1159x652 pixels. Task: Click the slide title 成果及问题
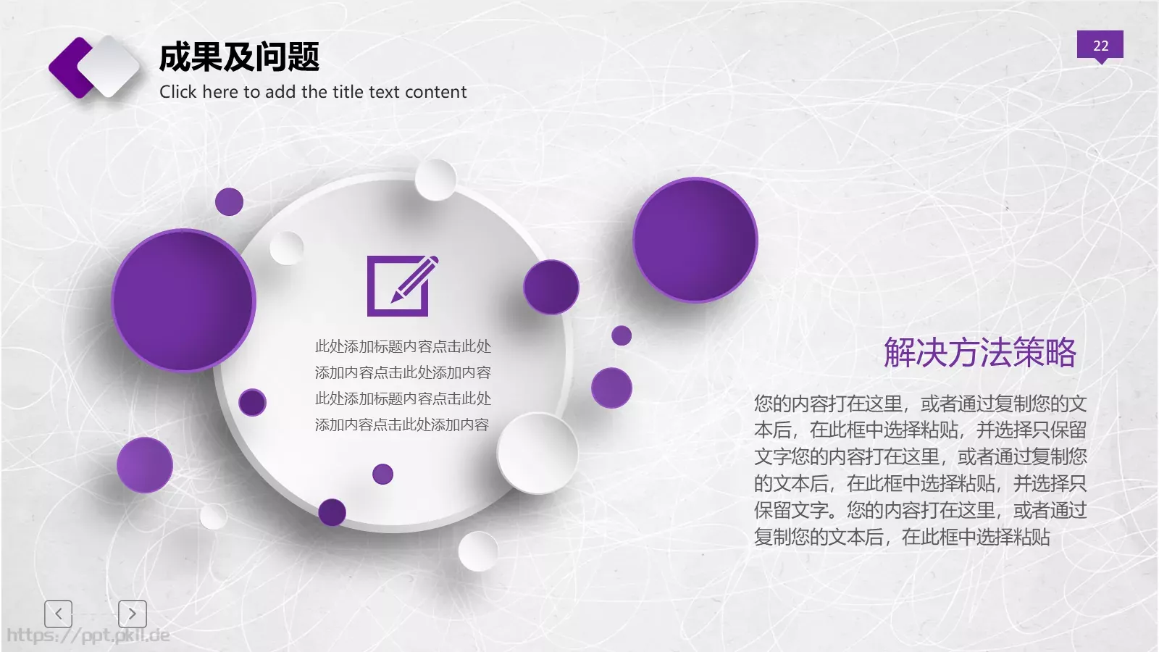tap(239, 57)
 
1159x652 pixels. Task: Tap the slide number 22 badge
tap(1100, 45)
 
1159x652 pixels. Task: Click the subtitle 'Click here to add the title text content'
tap(313, 92)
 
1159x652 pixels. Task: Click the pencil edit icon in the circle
tap(402, 285)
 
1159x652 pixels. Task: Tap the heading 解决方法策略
tap(979, 353)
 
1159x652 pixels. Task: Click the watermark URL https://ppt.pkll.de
tap(88, 636)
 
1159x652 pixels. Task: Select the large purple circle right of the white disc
tap(695, 240)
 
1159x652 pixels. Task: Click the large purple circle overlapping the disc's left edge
tap(183, 300)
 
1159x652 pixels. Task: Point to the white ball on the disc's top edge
tap(435, 180)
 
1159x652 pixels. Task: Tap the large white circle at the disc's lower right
tap(537, 454)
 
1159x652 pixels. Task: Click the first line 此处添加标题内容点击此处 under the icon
tap(403, 346)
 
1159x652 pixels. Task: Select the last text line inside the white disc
tap(402, 425)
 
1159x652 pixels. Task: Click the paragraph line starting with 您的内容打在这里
tap(920, 404)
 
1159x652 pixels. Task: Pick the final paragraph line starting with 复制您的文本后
tap(902, 537)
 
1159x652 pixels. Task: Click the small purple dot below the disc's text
tap(382, 475)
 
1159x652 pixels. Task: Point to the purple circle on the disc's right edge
tap(551, 287)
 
